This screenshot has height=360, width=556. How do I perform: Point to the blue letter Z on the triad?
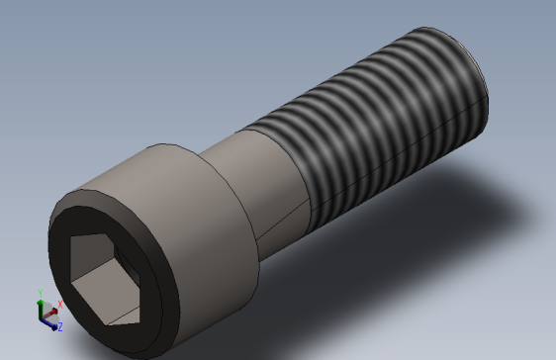59,325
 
